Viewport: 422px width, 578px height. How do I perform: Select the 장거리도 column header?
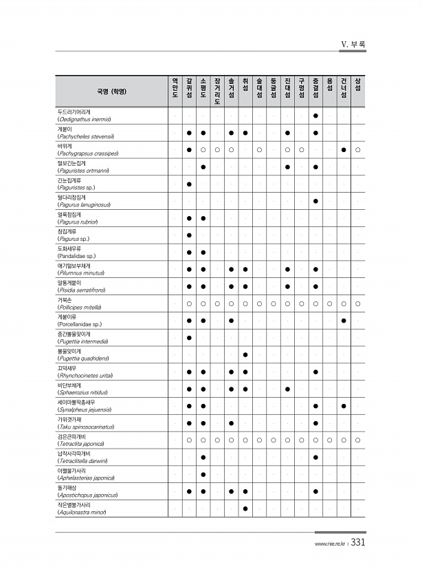pos(217,92)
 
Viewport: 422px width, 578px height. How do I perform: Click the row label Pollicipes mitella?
pos(81,307)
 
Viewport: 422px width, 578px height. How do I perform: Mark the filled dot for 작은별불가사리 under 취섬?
pos(245,508)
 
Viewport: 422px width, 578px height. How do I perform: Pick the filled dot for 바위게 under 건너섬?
pos(344,149)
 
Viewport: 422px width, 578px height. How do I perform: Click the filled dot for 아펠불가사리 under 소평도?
pos(203,474)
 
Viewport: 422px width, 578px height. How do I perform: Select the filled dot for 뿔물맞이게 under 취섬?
pos(245,354)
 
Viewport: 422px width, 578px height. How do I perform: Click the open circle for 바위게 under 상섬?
pos(358,149)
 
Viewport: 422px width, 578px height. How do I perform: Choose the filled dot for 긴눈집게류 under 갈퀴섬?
pos(189,184)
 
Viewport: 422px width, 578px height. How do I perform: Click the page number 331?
pos(357,543)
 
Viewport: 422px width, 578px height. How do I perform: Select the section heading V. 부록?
pos(353,44)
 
